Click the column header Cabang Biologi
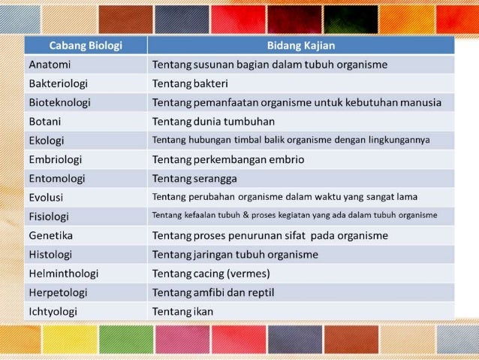click(x=86, y=45)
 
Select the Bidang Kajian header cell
click(x=300, y=45)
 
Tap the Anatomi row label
click(x=50, y=65)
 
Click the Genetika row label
click(x=51, y=235)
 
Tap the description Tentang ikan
click(x=183, y=311)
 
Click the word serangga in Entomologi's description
click(x=215, y=178)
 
